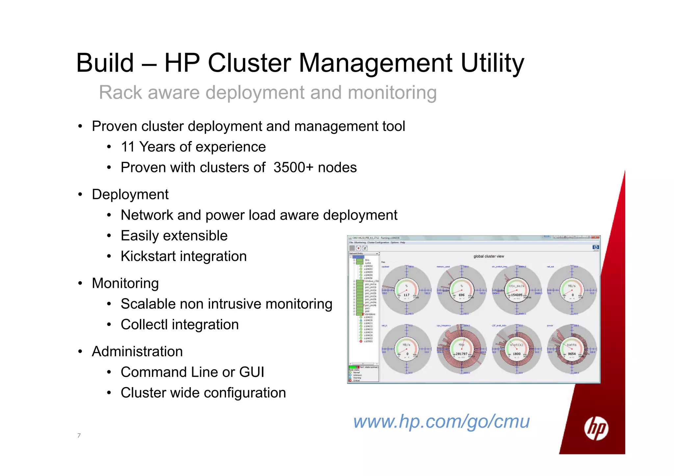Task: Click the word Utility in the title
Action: [492, 63]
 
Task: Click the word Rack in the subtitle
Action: [120, 92]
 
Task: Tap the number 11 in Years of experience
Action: [128, 147]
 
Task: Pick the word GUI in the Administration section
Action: [252, 372]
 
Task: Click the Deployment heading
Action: [130, 194]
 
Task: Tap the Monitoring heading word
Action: [125, 283]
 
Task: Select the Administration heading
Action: [137, 352]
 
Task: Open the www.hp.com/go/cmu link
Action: [441, 421]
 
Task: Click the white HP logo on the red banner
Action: [596, 428]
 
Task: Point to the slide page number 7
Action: [79, 436]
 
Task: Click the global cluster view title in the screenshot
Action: [488, 256]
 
